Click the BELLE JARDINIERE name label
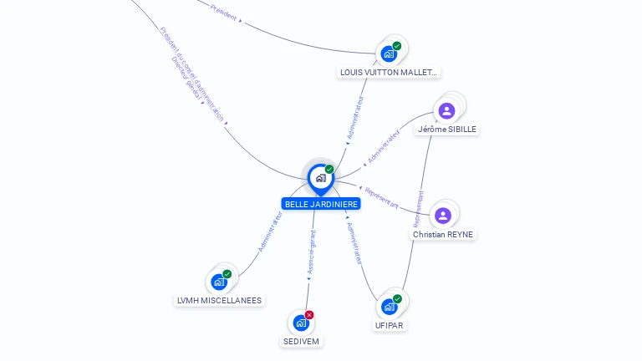click(x=322, y=204)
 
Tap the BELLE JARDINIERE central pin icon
click(x=320, y=178)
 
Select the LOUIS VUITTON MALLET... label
click(x=389, y=73)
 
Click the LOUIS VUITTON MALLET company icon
click(x=389, y=54)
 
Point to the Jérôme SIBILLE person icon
click(x=447, y=110)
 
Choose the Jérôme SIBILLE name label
click(x=448, y=130)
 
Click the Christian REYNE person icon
click(x=443, y=216)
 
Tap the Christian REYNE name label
click(x=443, y=235)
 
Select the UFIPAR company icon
click(x=390, y=307)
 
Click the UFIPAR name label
click(x=390, y=325)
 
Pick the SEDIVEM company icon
click(x=301, y=323)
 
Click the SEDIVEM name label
click(x=301, y=342)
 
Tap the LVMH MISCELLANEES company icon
click(x=219, y=282)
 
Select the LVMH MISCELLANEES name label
click(x=220, y=301)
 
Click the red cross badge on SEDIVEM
click(x=309, y=315)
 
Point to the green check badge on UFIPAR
click(x=398, y=298)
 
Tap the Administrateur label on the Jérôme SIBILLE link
click(x=384, y=145)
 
